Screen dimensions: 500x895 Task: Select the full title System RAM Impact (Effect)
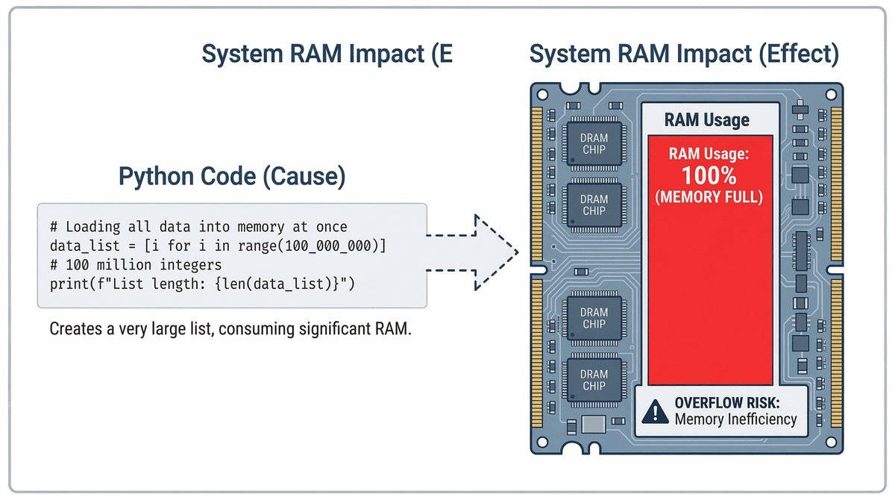click(x=684, y=54)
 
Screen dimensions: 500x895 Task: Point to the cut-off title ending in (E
click(x=327, y=54)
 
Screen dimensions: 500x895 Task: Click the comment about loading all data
click(x=198, y=227)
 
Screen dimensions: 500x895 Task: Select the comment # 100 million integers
click(x=136, y=265)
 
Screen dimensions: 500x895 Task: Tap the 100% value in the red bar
click(x=709, y=177)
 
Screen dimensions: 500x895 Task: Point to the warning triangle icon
click(x=656, y=410)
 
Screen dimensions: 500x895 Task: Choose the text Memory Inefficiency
click(x=735, y=419)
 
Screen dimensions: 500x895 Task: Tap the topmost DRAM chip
click(x=594, y=144)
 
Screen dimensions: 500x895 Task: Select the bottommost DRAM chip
click(x=594, y=380)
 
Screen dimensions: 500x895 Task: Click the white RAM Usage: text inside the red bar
click(x=709, y=155)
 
